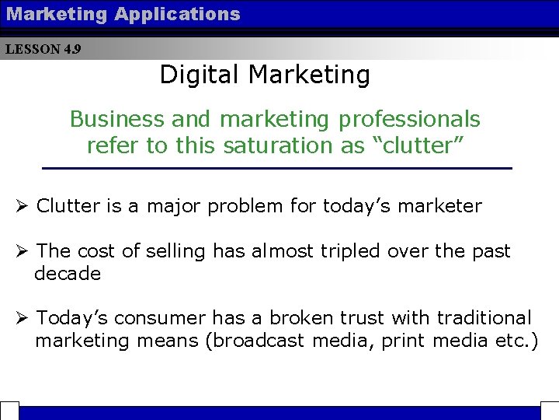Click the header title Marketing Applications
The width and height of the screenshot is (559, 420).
(123, 14)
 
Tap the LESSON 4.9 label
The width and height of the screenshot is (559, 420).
(43, 50)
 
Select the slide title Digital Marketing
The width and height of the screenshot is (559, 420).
(265, 75)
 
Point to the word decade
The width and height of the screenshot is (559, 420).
(68, 274)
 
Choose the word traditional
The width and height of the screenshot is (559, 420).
(484, 318)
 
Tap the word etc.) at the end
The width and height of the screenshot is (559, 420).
(516, 341)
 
